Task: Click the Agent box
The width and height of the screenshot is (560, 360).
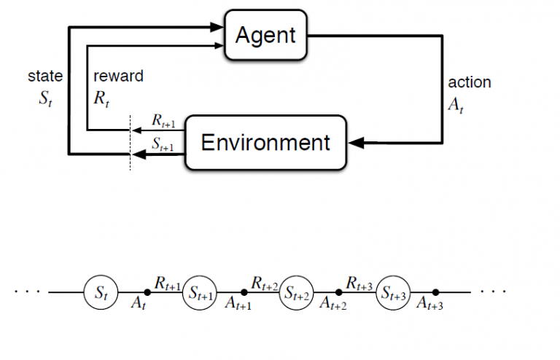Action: (x=265, y=34)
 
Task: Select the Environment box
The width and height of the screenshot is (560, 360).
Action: (x=265, y=142)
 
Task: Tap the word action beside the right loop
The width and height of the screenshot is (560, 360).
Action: (x=469, y=82)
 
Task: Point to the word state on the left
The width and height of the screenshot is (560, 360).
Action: (x=44, y=76)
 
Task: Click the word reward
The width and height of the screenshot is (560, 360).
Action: (x=118, y=76)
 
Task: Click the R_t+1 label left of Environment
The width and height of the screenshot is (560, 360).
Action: (x=163, y=121)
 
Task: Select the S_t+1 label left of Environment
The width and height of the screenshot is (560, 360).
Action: (x=163, y=144)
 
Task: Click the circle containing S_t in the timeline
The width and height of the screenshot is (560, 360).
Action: (x=101, y=292)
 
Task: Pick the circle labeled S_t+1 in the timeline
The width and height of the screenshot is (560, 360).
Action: (x=200, y=292)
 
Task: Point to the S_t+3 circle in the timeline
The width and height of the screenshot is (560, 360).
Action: (x=394, y=292)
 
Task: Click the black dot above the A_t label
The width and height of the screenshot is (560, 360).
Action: (x=148, y=292)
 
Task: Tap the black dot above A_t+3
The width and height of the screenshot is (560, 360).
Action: (x=436, y=292)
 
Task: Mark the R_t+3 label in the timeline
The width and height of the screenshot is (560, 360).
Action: (x=360, y=281)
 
